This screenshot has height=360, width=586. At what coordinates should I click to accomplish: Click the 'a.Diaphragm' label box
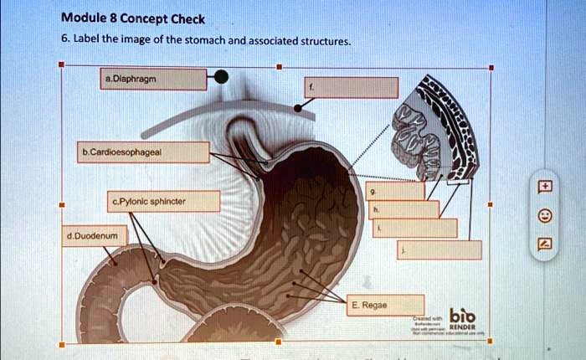153,80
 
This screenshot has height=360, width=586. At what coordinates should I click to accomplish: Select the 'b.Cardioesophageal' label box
144,152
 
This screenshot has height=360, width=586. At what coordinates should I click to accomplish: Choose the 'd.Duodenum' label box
93,237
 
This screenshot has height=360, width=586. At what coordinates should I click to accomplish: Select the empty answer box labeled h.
404,209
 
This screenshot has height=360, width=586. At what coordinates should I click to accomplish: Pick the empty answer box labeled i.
414,228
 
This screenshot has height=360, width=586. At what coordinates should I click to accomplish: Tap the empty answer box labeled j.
426,249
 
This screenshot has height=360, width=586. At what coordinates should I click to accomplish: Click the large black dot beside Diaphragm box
219,78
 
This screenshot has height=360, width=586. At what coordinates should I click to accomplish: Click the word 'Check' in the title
188,18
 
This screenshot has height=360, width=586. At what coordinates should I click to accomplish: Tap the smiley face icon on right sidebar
544,215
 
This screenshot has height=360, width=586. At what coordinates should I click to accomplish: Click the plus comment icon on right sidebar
544,186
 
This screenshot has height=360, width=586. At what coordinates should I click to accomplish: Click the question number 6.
64,39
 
